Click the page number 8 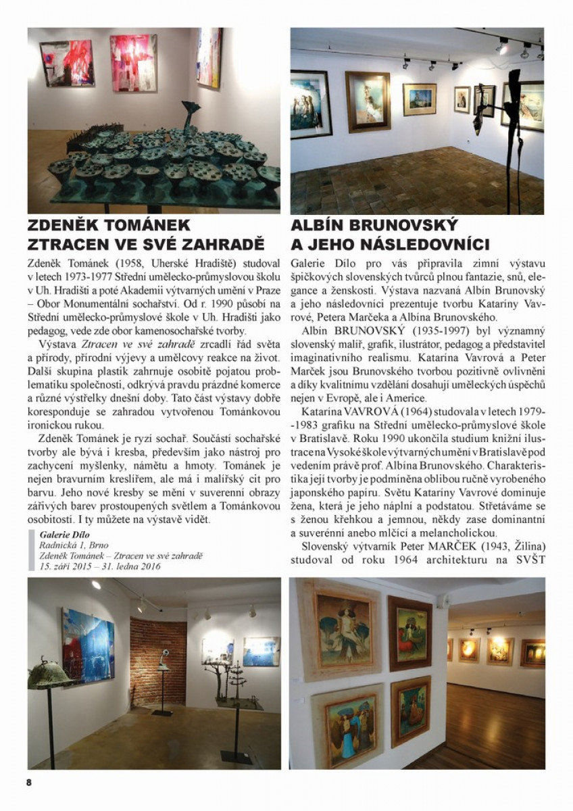click(29, 782)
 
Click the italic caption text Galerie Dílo click(60, 533)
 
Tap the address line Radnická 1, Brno click(71, 544)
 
